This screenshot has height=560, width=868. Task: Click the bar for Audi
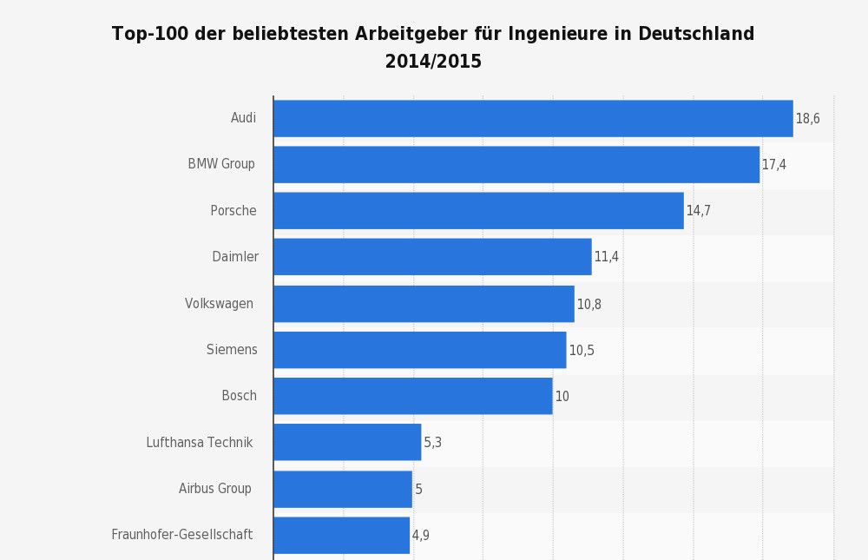[x=533, y=118]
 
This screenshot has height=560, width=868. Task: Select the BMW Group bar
[x=516, y=164]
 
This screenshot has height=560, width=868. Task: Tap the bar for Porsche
[x=478, y=211]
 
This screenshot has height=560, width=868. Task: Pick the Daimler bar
[x=432, y=257]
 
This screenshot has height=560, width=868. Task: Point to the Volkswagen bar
[x=424, y=304]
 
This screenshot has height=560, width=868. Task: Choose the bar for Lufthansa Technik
[x=347, y=442]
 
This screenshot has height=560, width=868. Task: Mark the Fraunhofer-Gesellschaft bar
[x=341, y=535]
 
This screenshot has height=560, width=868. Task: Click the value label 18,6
[x=807, y=119]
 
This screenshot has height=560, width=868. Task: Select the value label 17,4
[x=773, y=165]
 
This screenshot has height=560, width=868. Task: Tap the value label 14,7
[x=698, y=211]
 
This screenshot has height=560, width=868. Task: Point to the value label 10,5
[x=581, y=351]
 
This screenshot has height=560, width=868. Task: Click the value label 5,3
[x=432, y=443]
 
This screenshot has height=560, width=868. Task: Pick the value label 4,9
[x=420, y=536]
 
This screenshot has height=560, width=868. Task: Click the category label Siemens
[x=232, y=350]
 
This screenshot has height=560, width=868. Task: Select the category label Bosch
[x=239, y=396]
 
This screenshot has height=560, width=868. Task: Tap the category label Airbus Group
[x=214, y=489]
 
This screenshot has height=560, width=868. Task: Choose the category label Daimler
[x=235, y=257]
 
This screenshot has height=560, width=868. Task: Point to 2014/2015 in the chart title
[x=433, y=62]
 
